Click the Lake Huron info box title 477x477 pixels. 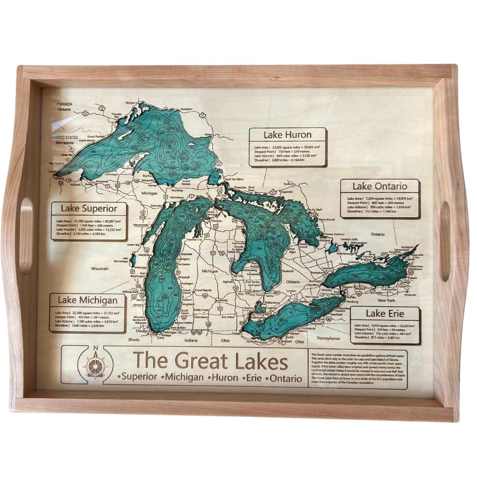pos(287,135)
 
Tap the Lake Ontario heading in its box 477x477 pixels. pos(380,186)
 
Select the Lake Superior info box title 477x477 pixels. pos(89,209)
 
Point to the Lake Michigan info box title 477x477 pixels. pos(88,300)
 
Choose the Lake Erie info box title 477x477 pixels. pos(385,313)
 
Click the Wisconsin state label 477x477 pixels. pos(100,268)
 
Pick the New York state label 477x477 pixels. pos(386,300)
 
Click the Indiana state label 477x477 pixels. pos(191,340)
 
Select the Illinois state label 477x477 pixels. pos(133,339)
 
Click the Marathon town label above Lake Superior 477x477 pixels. pos(186,109)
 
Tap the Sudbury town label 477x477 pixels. pos(289,184)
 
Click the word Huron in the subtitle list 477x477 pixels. pos(225,378)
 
